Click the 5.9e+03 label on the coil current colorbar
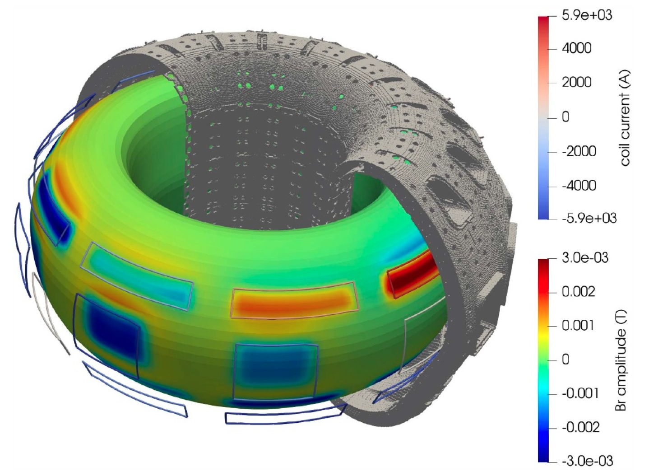pyautogui.click(x=587, y=15)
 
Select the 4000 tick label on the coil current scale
pyautogui.click(x=577, y=48)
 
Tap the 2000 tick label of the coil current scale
pyautogui.click(x=577, y=83)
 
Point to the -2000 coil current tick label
pyautogui.click(x=579, y=151)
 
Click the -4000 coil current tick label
pyautogui.click(x=579, y=186)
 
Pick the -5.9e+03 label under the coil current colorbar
pyautogui.click(x=589, y=218)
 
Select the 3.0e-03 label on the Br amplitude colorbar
pyautogui.click(x=585, y=258)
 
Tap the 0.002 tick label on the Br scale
pyautogui.click(x=578, y=291)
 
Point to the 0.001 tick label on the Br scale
pyautogui.click(x=578, y=326)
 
